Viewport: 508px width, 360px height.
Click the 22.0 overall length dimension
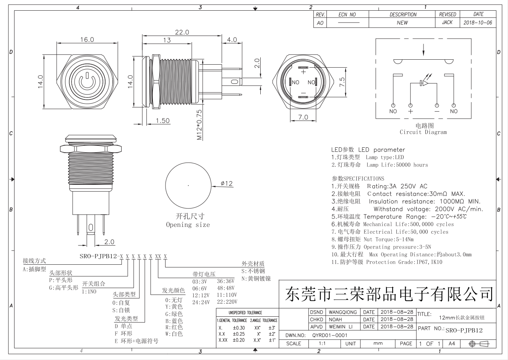click(182, 32)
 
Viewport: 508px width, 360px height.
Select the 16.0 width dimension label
click(87, 39)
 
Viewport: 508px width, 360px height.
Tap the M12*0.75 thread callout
click(199, 125)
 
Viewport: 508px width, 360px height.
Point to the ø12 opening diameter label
click(227, 184)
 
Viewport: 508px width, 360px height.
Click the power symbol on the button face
click(87, 80)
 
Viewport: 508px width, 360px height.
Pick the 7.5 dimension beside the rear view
click(342, 82)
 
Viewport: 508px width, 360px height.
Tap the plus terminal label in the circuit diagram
click(411, 111)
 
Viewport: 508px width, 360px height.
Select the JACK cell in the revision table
click(447, 23)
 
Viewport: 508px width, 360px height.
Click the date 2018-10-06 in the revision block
click(477, 23)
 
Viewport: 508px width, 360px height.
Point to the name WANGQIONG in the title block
click(342, 312)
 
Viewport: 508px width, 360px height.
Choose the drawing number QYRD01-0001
click(329, 335)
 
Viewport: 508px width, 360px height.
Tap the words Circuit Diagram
click(423, 132)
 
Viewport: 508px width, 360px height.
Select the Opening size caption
click(188, 225)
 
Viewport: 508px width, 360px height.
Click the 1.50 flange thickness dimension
click(163, 121)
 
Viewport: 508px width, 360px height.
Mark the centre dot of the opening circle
click(188, 185)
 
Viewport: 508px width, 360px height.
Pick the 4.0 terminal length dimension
click(232, 40)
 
